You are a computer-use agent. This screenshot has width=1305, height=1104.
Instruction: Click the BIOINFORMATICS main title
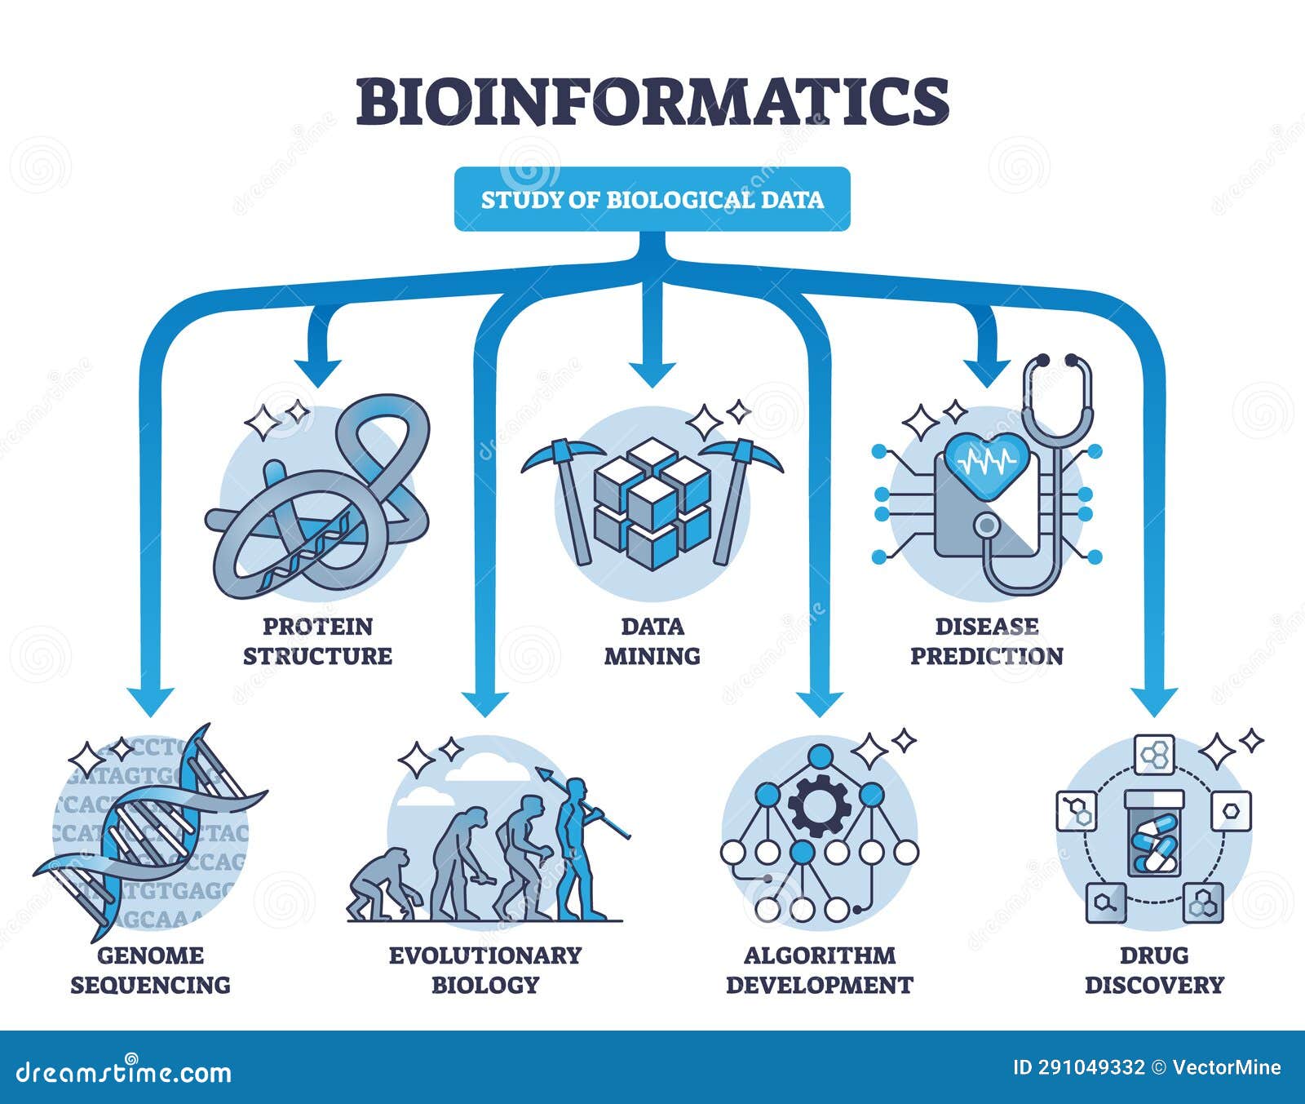(652, 101)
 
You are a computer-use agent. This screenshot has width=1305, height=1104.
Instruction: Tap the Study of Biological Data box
(652, 200)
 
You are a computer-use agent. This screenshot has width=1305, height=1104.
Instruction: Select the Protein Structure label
(317, 641)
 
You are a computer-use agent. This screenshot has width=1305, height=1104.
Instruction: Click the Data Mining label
(652, 641)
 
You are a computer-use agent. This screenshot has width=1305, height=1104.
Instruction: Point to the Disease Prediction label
(986, 641)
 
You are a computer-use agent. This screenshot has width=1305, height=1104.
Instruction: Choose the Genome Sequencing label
(150, 969)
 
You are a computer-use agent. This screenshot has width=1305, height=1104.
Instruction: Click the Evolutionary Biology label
(484, 969)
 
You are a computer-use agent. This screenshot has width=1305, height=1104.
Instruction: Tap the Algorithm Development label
(819, 969)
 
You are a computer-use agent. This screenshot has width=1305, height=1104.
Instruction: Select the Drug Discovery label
(1153, 969)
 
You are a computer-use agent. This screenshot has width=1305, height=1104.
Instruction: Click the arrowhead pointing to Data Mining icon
(652, 374)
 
